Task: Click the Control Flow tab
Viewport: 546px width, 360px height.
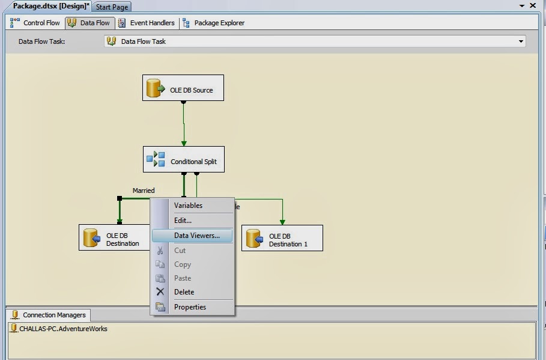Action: click(x=35, y=23)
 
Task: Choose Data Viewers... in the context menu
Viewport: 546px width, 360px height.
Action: click(x=196, y=236)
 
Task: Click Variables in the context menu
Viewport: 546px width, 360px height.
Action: click(x=188, y=206)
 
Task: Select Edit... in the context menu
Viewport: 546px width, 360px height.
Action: click(x=183, y=221)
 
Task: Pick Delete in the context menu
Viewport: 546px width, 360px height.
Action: click(x=184, y=292)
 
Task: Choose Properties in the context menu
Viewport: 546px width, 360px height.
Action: click(x=190, y=307)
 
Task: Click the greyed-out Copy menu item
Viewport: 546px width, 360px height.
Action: click(x=183, y=264)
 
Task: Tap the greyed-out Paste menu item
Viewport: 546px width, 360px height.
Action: click(x=183, y=278)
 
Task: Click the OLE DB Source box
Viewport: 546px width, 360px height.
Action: click(x=183, y=88)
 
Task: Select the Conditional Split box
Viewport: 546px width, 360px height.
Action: click(x=184, y=160)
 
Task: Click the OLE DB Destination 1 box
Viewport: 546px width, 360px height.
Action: click(x=282, y=239)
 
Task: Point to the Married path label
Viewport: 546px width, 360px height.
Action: click(x=144, y=191)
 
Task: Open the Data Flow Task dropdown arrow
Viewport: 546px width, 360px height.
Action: click(x=521, y=41)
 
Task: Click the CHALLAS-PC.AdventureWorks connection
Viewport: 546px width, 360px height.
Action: click(x=62, y=329)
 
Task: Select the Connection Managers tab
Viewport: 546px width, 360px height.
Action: click(x=49, y=315)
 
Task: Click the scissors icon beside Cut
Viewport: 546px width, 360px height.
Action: click(x=160, y=251)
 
